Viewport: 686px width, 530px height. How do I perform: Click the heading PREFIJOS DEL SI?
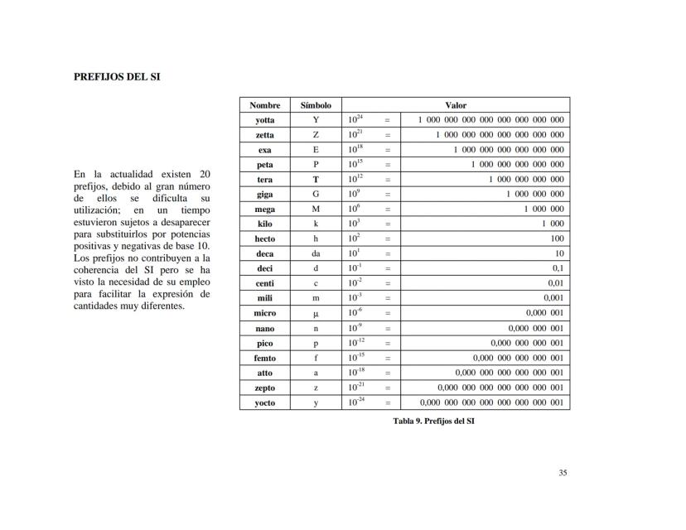click(x=117, y=76)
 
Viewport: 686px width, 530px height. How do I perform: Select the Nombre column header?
click(x=265, y=105)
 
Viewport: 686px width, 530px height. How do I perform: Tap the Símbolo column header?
click(x=315, y=105)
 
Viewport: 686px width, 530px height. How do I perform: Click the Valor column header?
click(x=456, y=105)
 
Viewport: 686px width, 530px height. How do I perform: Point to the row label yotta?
click(x=265, y=120)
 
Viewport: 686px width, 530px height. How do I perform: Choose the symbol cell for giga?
click(x=315, y=195)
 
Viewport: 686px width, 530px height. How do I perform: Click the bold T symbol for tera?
click(x=315, y=180)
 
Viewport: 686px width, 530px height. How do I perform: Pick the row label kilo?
click(x=265, y=224)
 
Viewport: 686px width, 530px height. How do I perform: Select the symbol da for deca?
click(x=315, y=254)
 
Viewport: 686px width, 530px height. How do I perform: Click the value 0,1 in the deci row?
click(x=558, y=269)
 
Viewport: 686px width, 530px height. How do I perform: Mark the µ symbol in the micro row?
click(x=315, y=314)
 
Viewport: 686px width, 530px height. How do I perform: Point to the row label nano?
click(x=265, y=329)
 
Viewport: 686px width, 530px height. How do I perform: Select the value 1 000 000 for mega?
click(x=543, y=210)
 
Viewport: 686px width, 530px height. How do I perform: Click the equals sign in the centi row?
click(x=387, y=284)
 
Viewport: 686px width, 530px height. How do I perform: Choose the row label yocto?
click(x=265, y=403)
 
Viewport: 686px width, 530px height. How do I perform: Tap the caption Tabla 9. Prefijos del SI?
click(x=433, y=421)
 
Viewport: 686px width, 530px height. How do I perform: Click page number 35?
click(x=563, y=473)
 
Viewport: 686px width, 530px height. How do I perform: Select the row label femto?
click(x=265, y=359)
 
